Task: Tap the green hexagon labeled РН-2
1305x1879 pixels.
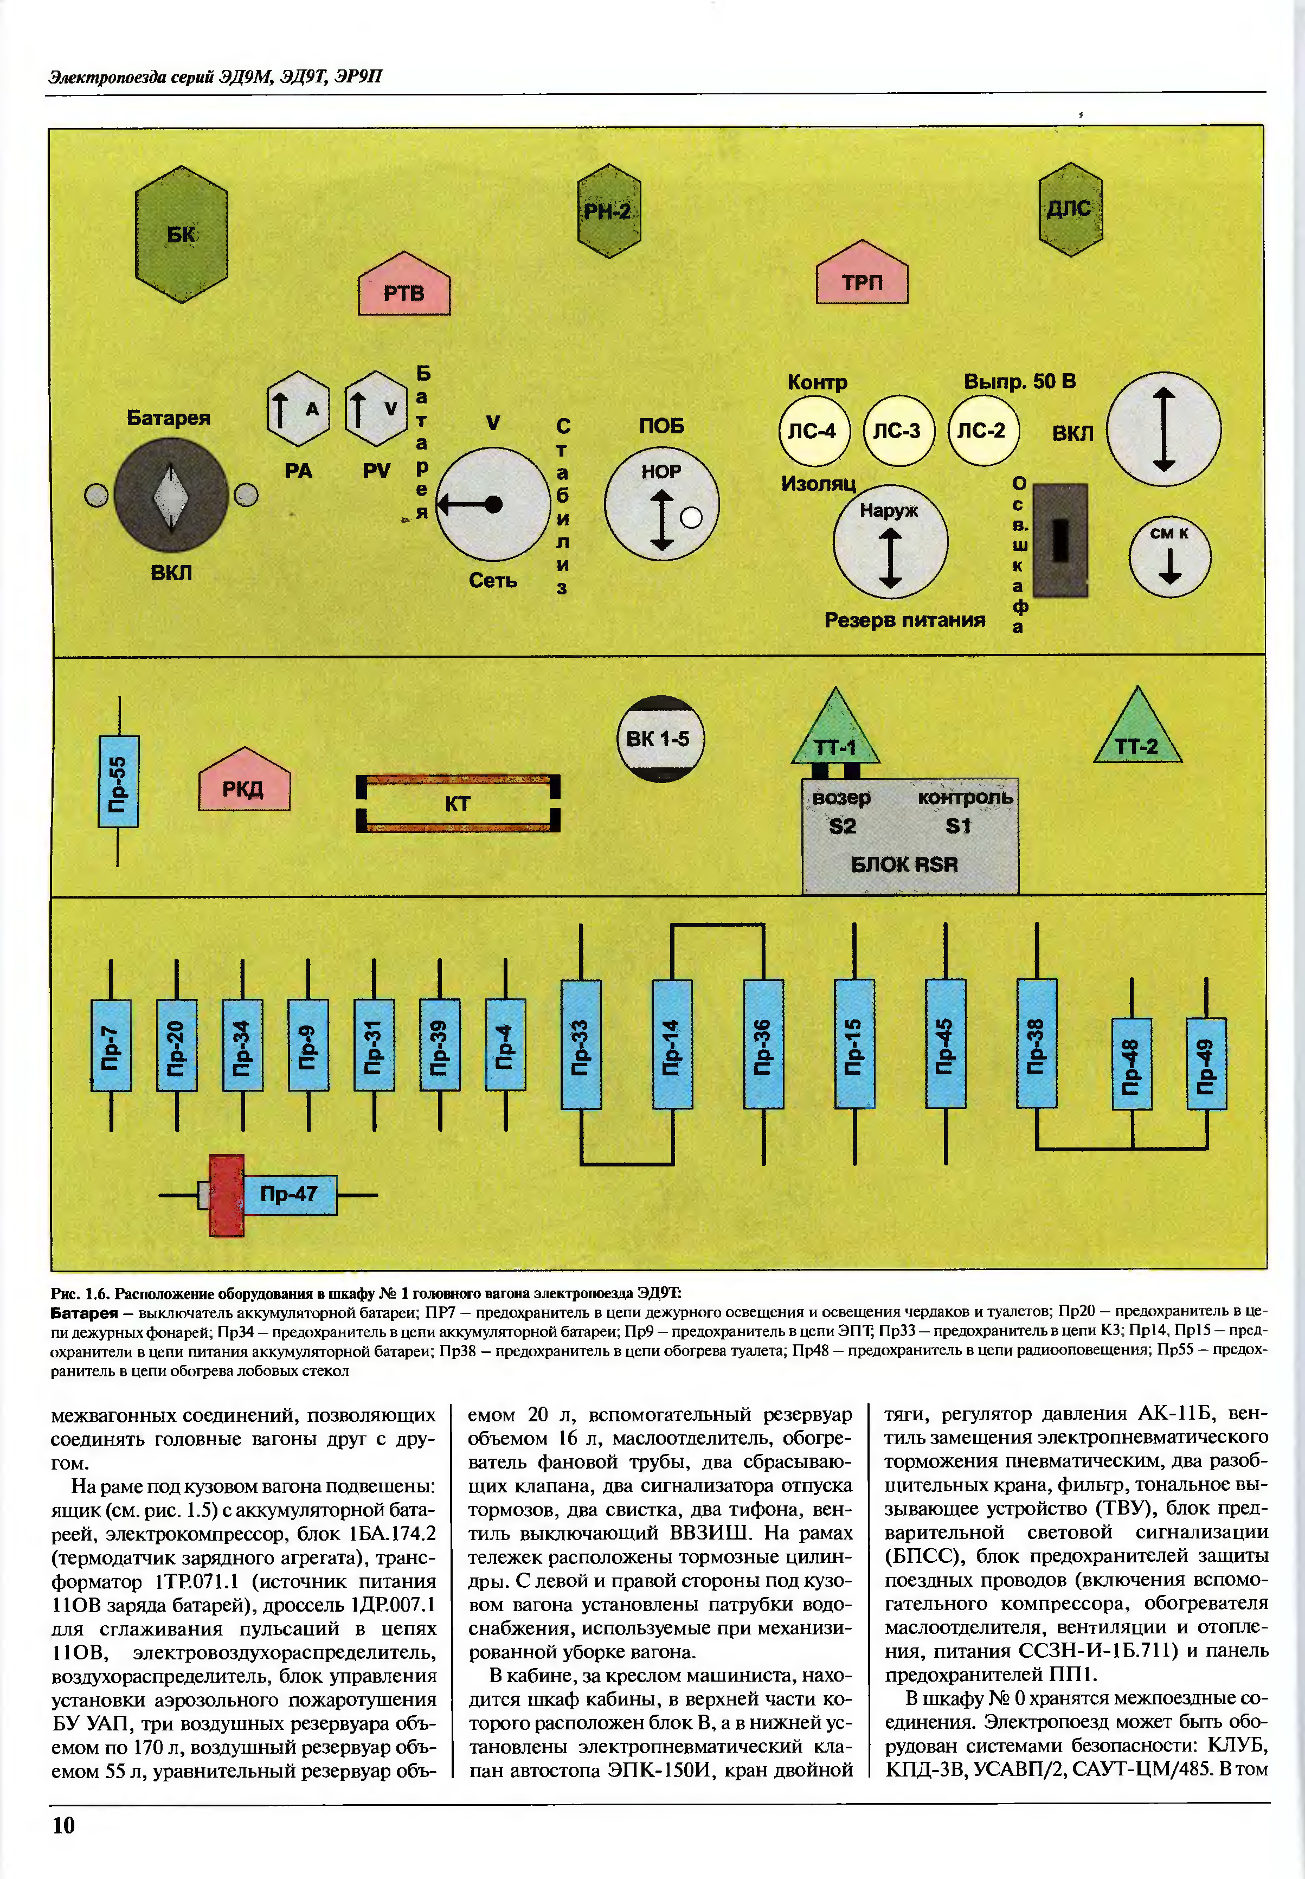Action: point(608,211)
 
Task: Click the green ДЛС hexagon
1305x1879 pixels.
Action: point(1070,209)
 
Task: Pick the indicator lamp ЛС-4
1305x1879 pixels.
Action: point(814,431)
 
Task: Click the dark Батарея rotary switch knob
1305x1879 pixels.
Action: point(171,496)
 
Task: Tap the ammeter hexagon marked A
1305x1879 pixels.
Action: point(298,408)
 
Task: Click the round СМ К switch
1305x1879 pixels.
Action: point(1169,556)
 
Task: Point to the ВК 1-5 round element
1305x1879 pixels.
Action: point(659,739)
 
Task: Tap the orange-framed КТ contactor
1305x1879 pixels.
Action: point(458,803)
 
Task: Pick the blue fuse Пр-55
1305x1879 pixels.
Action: point(119,781)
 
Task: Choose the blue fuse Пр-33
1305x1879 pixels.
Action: point(581,1044)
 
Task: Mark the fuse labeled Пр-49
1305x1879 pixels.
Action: point(1206,1064)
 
